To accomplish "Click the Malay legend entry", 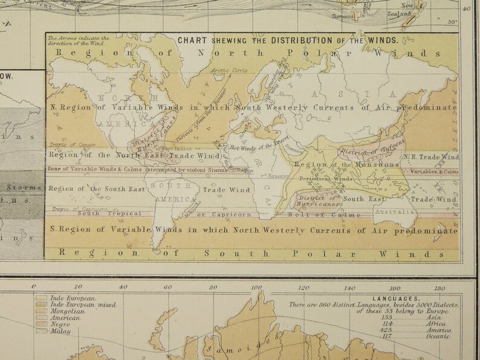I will tap(54, 330).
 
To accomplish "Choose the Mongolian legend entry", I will tap(61, 311).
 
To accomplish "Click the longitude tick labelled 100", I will tap(256, 287).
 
